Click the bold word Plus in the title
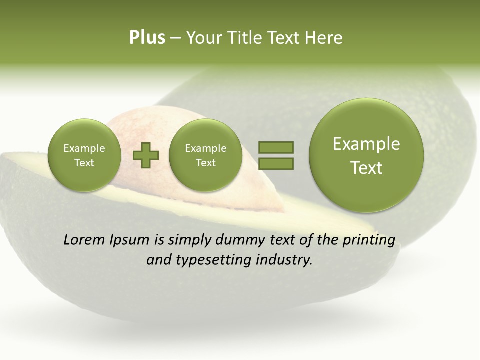coord(147,38)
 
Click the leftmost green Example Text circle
coord(84,155)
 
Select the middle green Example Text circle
coord(205,155)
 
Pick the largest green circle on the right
coord(366,155)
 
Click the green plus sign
coord(146,155)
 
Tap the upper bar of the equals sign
coord(275,147)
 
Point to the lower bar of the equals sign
coord(275,163)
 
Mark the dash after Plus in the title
coord(175,38)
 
